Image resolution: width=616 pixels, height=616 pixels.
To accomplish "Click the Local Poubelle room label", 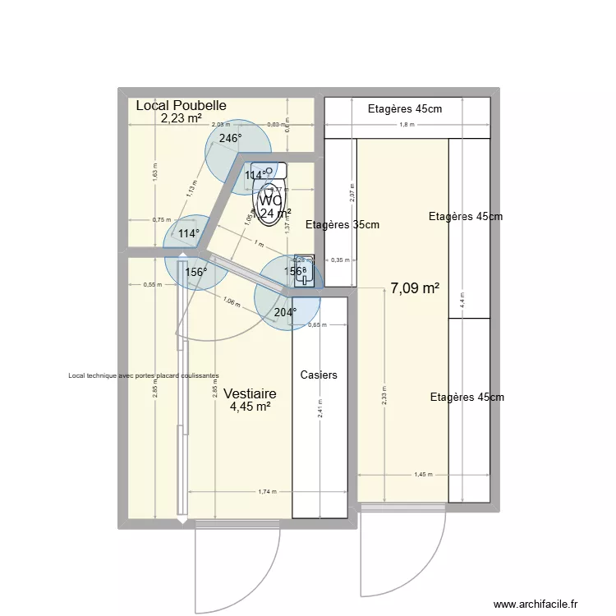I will coord(181,105).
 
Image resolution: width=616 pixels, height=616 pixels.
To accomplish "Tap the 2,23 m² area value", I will coord(181,118).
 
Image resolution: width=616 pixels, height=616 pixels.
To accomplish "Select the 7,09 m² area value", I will coord(415,288).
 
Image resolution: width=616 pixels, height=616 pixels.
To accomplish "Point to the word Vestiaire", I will coord(250,393).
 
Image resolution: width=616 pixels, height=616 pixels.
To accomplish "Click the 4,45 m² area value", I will coord(251,406).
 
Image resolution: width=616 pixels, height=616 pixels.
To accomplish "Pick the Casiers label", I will coord(319,375).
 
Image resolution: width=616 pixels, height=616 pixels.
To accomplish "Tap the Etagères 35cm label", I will coord(342,225).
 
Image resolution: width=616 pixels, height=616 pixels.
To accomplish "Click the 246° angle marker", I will coord(231,138).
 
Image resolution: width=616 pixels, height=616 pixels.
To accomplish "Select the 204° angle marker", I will coord(285,312).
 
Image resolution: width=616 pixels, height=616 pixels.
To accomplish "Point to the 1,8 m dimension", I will coord(407,125).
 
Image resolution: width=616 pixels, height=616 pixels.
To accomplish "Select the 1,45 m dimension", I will coord(425,474).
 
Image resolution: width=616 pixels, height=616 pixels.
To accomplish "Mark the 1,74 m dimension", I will coord(266,492).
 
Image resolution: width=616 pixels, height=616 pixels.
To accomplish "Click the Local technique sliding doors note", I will coord(144,376).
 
